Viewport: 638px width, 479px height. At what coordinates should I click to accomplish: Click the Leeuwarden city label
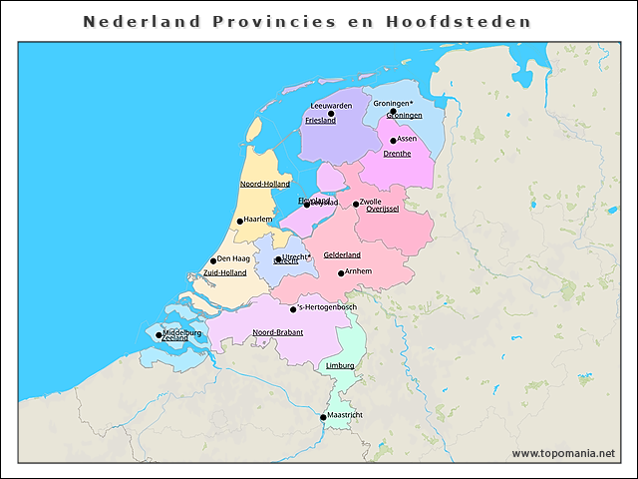pos(331,105)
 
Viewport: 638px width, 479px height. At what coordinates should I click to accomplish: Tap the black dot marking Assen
pos(394,140)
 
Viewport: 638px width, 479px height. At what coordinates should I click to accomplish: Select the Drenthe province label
pos(397,154)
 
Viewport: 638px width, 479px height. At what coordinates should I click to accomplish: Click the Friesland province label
pos(320,120)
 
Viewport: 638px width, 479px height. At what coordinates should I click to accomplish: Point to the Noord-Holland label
pos(265,184)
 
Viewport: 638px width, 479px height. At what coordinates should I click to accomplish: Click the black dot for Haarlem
pos(239,221)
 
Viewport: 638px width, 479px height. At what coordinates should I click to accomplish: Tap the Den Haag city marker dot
pos(212,259)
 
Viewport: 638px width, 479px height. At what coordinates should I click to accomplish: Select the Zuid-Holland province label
pos(224,272)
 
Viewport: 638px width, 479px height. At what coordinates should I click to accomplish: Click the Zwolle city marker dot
pos(356,204)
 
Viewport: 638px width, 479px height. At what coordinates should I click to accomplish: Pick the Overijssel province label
pos(383,210)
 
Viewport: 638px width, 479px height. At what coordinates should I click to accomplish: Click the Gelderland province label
pos(342,255)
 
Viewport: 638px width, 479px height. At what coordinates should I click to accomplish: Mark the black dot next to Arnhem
pos(341,272)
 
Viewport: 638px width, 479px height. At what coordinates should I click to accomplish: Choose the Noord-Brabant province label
pos(278,332)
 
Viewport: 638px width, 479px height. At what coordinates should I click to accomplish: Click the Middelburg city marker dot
pos(159,335)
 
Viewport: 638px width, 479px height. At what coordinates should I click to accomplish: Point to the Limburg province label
pos(340,366)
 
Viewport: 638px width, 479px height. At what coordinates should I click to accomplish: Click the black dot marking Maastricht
pos(322,417)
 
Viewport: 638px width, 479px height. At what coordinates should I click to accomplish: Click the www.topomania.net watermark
pos(563,453)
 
